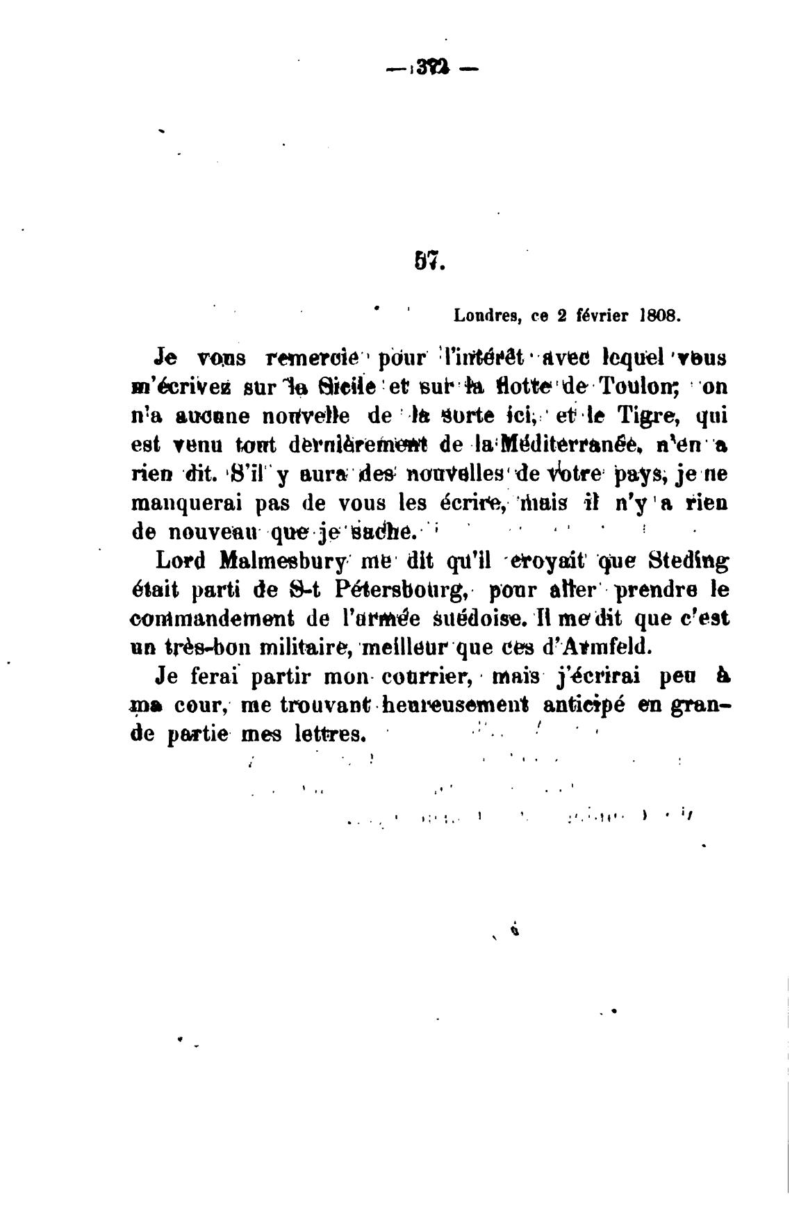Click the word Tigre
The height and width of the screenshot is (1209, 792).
(643, 417)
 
